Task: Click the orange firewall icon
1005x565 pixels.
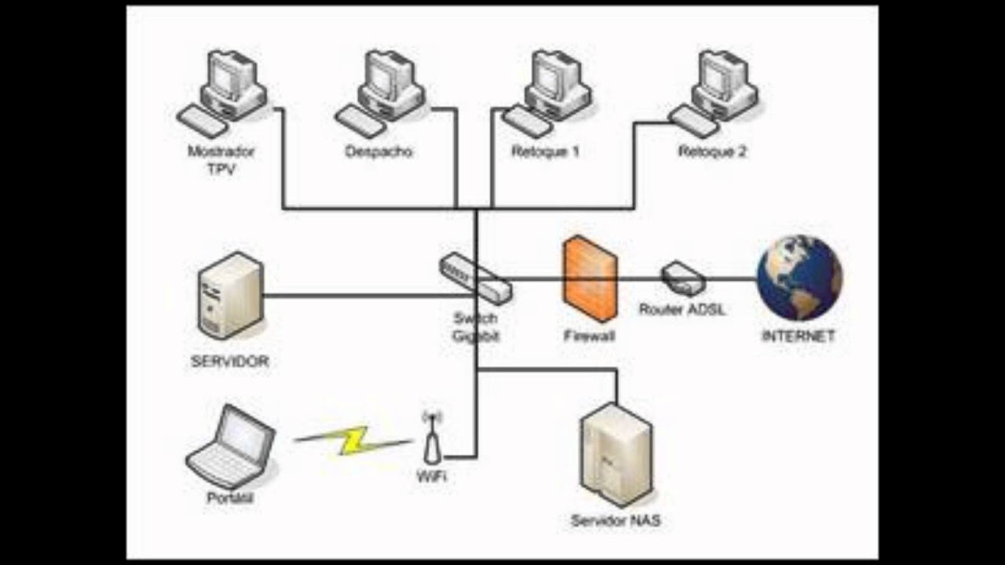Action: click(x=589, y=279)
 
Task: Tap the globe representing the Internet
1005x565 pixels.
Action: click(x=799, y=278)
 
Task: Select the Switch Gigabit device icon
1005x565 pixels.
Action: click(x=475, y=278)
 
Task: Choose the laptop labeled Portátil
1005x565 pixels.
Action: click(x=232, y=447)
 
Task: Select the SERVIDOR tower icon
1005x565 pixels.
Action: click(x=230, y=296)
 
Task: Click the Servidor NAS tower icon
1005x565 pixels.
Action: click(x=616, y=455)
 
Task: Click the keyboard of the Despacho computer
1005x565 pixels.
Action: click(x=361, y=122)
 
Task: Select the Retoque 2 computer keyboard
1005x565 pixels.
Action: click(x=694, y=122)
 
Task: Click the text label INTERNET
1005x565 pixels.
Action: click(x=798, y=337)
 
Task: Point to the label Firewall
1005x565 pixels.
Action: click(x=589, y=337)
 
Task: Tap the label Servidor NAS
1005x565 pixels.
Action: click(x=616, y=521)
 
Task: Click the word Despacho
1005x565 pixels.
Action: click(x=378, y=152)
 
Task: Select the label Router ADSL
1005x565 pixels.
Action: click(x=682, y=310)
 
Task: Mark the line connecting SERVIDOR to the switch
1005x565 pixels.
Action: click(x=353, y=296)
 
